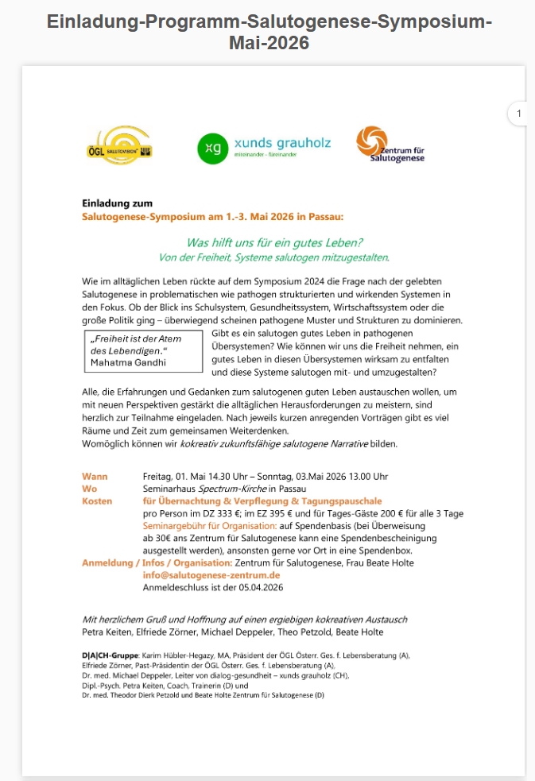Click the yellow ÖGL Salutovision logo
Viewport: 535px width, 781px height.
point(117,145)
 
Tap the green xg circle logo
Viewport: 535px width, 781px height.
point(211,149)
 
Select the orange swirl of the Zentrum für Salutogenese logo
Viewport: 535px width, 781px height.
point(370,141)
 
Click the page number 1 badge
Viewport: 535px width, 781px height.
point(519,114)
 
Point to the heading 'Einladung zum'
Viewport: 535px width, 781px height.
point(117,203)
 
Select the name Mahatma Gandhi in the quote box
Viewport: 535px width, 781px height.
point(127,362)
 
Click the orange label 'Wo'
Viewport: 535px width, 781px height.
point(89,489)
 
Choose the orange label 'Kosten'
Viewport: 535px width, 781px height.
point(97,501)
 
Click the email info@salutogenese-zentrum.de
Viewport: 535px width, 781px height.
point(211,575)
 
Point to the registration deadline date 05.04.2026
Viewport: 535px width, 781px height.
point(258,588)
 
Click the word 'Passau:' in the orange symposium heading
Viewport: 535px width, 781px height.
point(327,216)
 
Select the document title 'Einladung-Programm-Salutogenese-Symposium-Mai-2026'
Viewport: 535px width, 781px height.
point(269,32)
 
